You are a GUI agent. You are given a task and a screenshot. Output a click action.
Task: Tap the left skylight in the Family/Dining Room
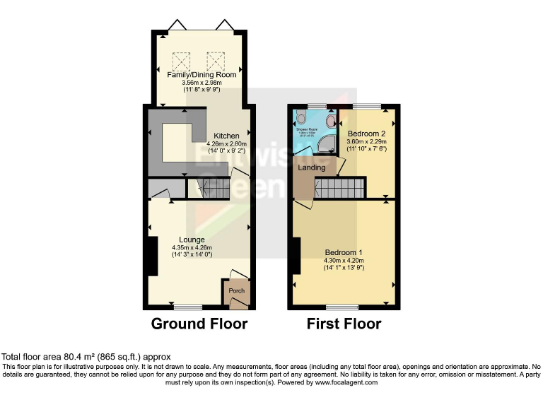click(180, 59)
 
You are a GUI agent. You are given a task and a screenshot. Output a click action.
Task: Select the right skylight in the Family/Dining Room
click(214, 59)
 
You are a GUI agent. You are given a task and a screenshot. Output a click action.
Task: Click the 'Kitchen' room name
click(227, 136)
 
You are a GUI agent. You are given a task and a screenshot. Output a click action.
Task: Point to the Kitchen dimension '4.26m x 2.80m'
click(227, 144)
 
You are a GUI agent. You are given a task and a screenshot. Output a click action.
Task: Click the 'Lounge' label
click(192, 240)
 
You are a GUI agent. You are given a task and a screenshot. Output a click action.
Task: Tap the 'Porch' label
click(236, 290)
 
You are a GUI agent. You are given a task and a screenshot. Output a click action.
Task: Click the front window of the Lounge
click(187, 307)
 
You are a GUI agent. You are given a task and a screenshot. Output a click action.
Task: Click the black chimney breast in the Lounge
click(152, 256)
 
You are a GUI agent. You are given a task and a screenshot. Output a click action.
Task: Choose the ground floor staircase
click(212, 188)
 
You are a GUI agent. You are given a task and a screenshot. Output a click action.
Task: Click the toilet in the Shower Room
click(301, 117)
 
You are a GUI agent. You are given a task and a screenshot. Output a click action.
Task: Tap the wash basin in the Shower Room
click(332, 120)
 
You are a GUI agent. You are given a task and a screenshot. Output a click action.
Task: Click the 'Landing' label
click(312, 167)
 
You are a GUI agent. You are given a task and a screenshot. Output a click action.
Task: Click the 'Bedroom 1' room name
click(344, 252)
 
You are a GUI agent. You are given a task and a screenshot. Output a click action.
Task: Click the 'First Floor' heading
click(344, 324)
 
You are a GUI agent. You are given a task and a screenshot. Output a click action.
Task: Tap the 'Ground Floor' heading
click(199, 324)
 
